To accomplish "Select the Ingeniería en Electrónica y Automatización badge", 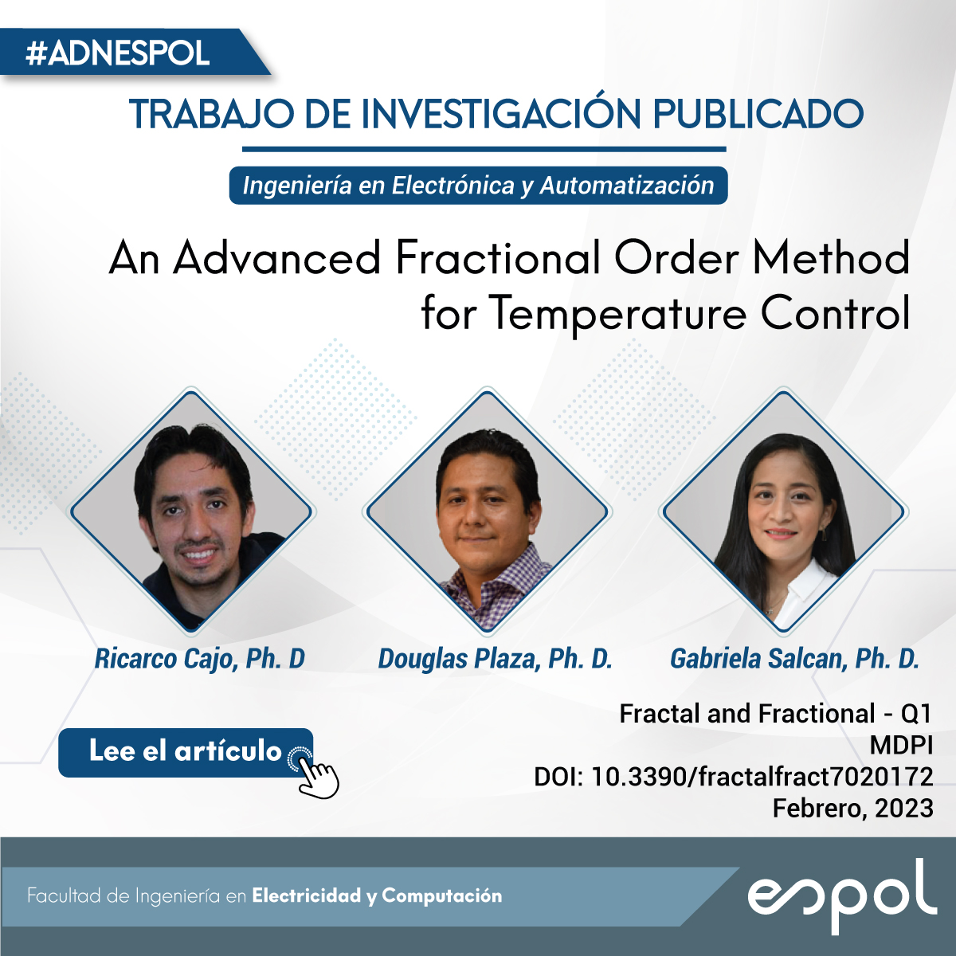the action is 478,185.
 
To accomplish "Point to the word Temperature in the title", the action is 620,314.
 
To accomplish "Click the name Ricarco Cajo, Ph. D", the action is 199,659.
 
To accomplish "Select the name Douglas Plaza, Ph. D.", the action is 495,659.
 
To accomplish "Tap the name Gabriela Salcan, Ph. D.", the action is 795,659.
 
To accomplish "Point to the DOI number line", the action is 733,777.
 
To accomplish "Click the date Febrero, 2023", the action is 852,809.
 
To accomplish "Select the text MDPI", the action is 901,745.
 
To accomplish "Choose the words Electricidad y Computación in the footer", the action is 377,895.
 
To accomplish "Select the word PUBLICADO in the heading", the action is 758,113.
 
